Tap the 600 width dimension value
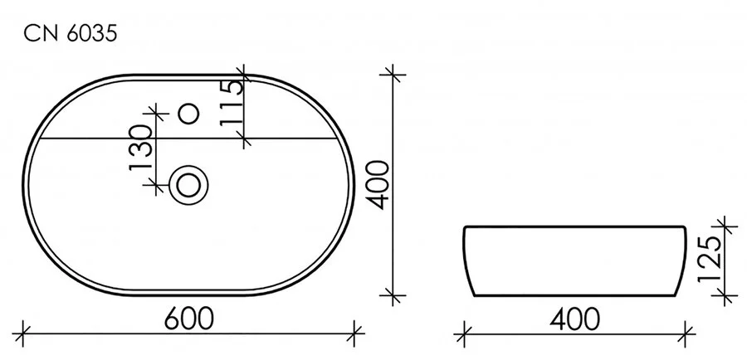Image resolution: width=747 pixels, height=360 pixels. [188, 318]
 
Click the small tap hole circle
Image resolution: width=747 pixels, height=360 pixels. [190, 111]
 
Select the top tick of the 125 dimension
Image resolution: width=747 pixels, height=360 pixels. [725, 226]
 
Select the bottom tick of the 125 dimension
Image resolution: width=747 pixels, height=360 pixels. [725, 294]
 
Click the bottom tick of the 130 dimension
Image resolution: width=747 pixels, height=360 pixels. [154, 183]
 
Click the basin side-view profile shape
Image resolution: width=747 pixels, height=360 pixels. [575, 260]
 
